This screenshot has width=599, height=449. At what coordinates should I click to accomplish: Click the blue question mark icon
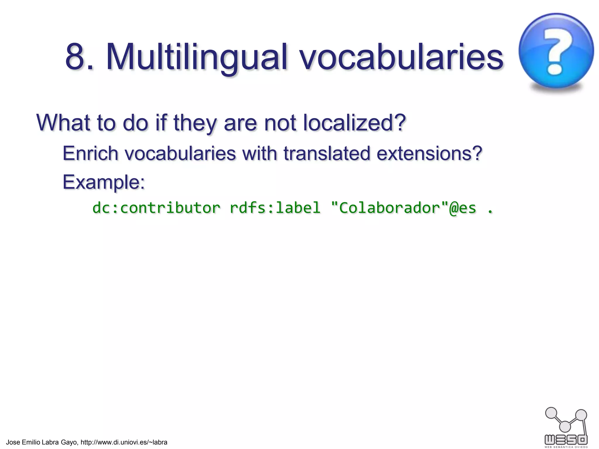[556, 51]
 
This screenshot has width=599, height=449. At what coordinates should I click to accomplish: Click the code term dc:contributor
[156, 208]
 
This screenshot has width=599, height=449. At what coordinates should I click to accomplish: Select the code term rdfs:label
[275, 208]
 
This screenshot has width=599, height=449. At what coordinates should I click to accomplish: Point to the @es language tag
[463, 208]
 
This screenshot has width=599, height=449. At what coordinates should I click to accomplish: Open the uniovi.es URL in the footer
[124, 442]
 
